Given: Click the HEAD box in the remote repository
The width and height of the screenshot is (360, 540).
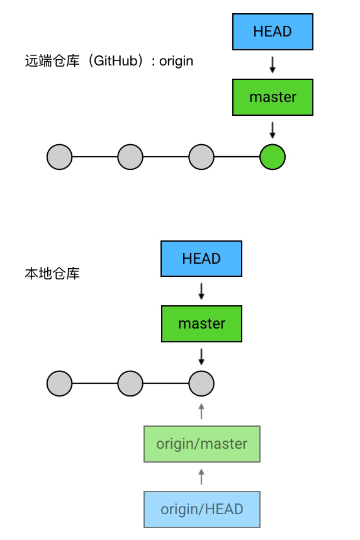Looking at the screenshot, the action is click(x=273, y=31).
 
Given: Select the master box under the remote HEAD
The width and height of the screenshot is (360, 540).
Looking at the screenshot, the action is click(x=273, y=97).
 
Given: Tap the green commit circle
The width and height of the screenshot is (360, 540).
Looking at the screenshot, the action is click(x=273, y=157).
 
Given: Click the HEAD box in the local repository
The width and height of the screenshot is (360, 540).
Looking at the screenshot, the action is click(x=201, y=259).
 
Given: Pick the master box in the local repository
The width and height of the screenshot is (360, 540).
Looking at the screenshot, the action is click(x=201, y=323).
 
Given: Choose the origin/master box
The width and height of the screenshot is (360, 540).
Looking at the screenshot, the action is click(x=202, y=444).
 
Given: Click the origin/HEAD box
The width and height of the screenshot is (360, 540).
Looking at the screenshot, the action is click(x=202, y=509).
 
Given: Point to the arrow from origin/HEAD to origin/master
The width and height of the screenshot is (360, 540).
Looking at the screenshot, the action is click(x=201, y=476).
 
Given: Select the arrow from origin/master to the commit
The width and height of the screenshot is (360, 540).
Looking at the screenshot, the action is click(x=201, y=411).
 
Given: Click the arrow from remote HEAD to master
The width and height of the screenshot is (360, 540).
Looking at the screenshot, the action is click(x=273, y=65).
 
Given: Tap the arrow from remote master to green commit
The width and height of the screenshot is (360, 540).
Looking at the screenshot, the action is click(x=273, y=130).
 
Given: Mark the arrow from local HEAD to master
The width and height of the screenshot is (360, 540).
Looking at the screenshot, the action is click(x=201, y=291).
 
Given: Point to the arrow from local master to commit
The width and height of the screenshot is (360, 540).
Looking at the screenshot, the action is click(x=201, y=357).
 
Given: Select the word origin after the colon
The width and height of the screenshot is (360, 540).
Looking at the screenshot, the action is click(x=176, y=62).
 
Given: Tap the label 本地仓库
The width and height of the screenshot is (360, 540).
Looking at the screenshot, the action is click(x=52, y=273).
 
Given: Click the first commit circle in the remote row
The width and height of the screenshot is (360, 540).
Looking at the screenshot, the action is click(x=60, y=157).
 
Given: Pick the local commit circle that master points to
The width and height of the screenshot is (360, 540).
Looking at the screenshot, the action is click(x=201, y=384).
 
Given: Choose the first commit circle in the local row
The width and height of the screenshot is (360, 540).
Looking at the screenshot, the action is click(x=60, y=384).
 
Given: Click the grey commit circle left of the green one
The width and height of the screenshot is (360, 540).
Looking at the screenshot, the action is click(x=201, y=157).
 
